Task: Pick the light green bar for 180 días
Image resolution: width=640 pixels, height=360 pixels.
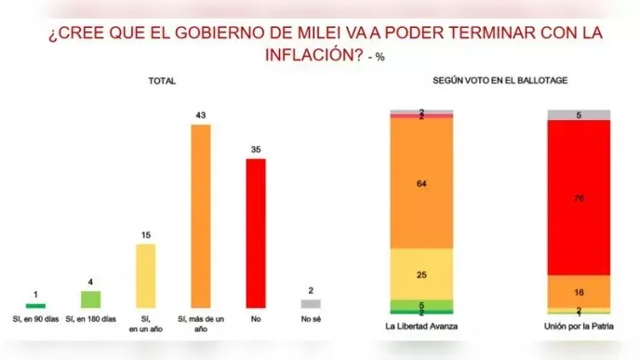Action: [90, 299]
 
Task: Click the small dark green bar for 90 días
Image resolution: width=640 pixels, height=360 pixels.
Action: [35, 305]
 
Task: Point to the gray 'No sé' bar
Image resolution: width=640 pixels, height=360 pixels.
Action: [310, 303]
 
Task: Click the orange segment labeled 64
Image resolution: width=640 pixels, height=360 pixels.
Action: [420, 184]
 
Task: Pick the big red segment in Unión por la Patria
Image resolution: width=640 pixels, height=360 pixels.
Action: [578, 198]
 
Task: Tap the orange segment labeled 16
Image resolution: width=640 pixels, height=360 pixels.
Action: [578, 290]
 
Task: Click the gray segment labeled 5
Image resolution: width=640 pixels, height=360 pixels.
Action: [578, 115]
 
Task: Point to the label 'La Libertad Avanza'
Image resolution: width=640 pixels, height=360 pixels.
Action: [420, 328]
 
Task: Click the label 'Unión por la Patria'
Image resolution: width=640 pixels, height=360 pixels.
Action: [578, 328]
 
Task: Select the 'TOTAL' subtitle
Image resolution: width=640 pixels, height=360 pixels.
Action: [162, 82]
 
